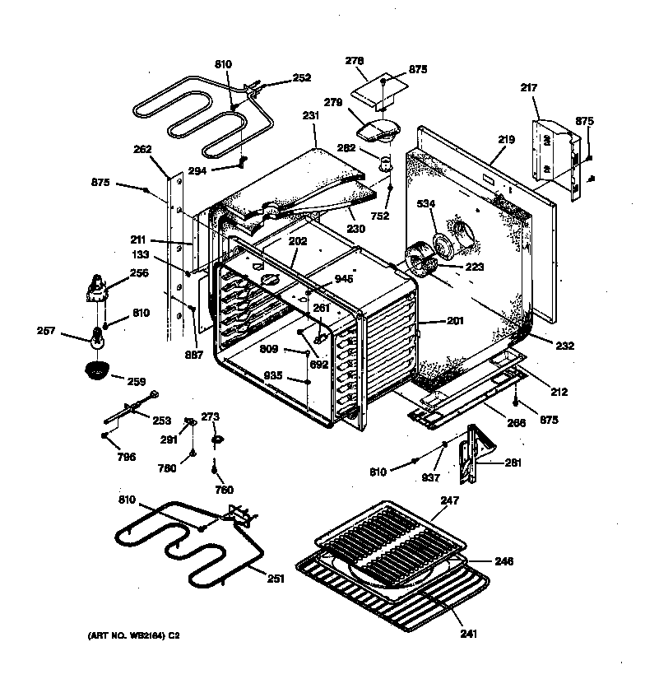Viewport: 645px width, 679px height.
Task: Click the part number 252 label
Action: [x=302, y=78]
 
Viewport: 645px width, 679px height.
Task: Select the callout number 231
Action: [x=310, y=116]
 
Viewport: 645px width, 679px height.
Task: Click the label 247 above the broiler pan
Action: [x=449, y=500]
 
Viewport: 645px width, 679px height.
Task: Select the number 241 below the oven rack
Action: [x=469, y=633]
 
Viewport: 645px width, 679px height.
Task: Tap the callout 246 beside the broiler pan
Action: [x=503, y=561]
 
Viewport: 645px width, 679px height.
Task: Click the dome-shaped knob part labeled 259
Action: [x=97, y=370]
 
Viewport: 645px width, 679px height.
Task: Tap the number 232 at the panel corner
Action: [x=564, y=346]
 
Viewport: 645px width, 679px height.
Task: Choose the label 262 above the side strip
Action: [x=142, y=150]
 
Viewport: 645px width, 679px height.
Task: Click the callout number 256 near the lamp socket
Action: [x=139, y=273]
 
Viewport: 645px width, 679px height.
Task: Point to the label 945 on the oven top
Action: [x=343, y=279]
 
